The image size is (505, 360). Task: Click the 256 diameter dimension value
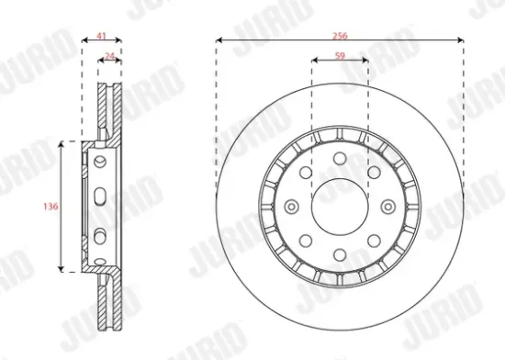(x=340, y=33)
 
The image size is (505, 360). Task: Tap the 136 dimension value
(x=51, y=207)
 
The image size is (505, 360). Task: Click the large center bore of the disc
(x=339, y=206)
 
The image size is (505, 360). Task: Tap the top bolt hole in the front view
(x=339, y=161)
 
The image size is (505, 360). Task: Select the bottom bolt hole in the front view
(x=339, y=253)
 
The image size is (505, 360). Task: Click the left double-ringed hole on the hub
(x=293, y=207)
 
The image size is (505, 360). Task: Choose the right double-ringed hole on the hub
(x=386, y=207)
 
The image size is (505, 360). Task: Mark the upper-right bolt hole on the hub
(x=373, y=174)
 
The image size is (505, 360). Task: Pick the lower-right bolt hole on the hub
(x=373, y=240)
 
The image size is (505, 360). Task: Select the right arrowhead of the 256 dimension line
(x=458, y=40)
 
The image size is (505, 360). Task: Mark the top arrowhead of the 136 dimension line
(x=62, y=144)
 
